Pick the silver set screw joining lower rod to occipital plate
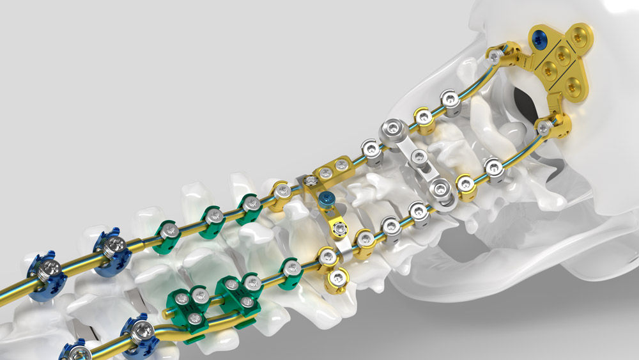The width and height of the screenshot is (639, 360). (543, 129)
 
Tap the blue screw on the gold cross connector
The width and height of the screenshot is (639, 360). (326, 199)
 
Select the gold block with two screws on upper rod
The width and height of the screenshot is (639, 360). (332, 168)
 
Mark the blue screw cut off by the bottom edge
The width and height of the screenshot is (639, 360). (74, 352)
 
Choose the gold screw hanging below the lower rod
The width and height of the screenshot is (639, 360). (336, 278)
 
